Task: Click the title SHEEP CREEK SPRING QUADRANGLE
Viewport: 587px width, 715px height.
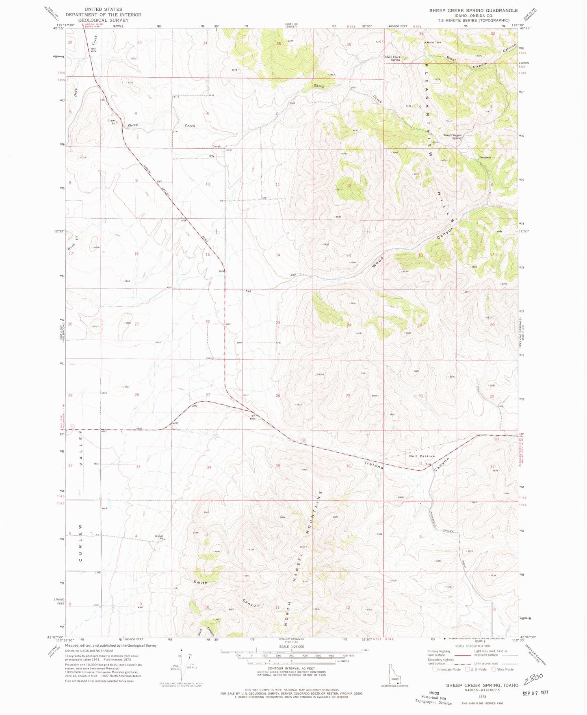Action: point(473,11)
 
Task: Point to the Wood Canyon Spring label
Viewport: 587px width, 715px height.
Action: point(453,137)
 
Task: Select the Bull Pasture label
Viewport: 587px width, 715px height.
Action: point(422,456)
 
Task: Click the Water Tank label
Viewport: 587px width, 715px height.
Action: point(433,42)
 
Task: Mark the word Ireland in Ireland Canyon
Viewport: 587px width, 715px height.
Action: point(374,465)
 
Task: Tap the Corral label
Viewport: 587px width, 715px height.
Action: point(216,146)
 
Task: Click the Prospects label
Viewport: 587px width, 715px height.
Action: point(485,157)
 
